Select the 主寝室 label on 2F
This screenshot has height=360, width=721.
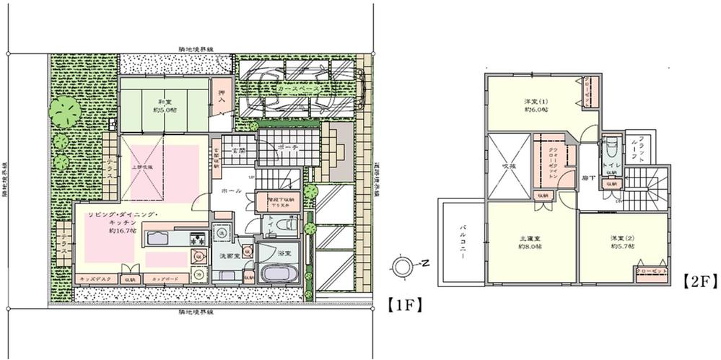(530, 241)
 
